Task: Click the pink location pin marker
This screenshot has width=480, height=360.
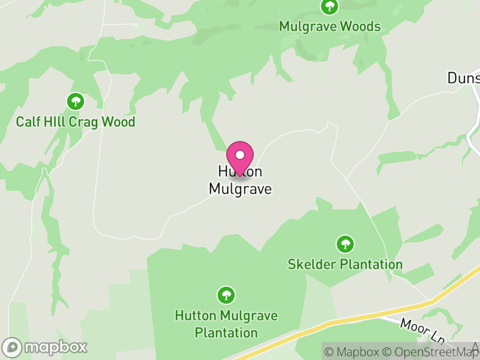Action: [x=240, y=157]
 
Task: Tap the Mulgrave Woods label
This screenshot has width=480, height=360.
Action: [x=329, y=26]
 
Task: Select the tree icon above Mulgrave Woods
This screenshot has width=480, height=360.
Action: [x=329, y=7]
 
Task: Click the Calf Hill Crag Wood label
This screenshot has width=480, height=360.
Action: [x=76, y=122]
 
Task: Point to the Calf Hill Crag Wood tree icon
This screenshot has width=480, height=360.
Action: [x=76, y=100]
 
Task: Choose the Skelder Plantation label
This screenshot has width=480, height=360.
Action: [x=345, y=264]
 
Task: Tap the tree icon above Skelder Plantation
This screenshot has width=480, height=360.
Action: [x=344, y=244]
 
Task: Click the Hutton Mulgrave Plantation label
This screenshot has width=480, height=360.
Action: [x=225, y=323]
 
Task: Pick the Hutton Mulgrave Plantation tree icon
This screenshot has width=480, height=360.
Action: [x=226, y=295]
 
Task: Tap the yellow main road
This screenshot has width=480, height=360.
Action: [x=360, y=318]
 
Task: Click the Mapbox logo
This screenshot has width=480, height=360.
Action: [x=46, y=347]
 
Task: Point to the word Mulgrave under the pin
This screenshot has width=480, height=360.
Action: [x=240, y=188]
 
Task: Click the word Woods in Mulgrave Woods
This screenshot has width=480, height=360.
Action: [x=361, y=26]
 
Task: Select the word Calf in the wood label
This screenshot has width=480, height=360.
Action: [x=28, y=122]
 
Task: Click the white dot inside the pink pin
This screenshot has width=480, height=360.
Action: [x=240, y=154]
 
